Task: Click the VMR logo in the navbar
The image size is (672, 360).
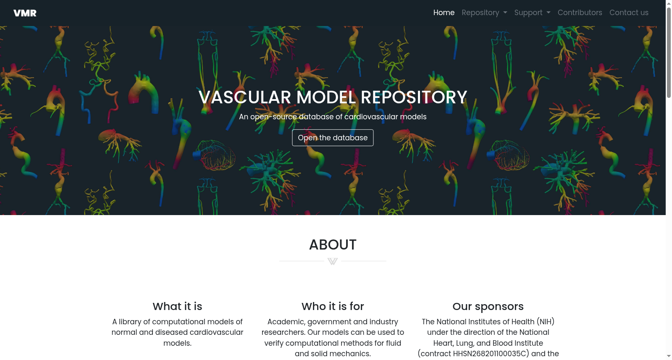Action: [25, 13]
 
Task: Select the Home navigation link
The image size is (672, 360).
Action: [444, 13]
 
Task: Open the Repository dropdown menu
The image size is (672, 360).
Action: [484, 13]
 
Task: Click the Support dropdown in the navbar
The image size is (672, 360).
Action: [532, 13]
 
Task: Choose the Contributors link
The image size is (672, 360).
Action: [580, 13]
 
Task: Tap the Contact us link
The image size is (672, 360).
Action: [629, 13]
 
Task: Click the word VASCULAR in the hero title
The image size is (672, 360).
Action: [245, 97]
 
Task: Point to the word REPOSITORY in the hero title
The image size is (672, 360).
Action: [414, 97]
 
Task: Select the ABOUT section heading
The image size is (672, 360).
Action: [333, 244]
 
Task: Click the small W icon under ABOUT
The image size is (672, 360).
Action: [332, 261]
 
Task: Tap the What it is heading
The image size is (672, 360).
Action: [177, 306]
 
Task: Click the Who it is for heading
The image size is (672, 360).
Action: [333, 306]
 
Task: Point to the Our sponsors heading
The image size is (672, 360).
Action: [488, 307]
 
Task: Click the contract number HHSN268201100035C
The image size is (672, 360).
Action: [489, 354]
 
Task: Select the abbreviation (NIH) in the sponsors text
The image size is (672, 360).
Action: [546, 322]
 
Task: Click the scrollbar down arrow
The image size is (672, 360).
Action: [669, 356]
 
